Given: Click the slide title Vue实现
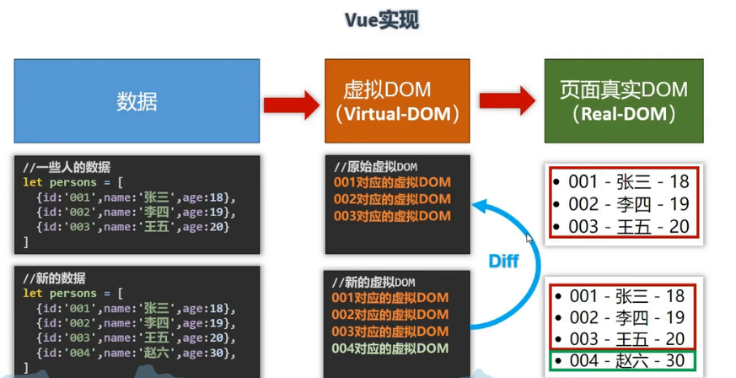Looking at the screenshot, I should click(381, 20).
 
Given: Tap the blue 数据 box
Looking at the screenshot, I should click(137, 101).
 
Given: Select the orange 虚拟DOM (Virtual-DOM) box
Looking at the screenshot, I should click(397, 101).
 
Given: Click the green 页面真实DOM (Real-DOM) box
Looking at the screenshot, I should click(623, 101).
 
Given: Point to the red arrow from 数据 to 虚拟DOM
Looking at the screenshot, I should click(290, 105).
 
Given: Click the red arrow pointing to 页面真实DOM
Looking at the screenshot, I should click(507, 101).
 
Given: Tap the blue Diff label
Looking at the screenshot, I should click(504, 262).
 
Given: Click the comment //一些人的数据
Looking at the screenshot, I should click(67, 167).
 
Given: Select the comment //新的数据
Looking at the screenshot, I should click(55, 278).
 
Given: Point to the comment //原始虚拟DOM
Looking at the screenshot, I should click(375, 166).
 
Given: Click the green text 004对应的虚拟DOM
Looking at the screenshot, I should click(390, 348).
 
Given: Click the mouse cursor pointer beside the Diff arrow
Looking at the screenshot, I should click(529, 238).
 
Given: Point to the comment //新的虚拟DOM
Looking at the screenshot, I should click(373, 282).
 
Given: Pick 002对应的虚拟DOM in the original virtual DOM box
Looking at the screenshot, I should click(392, 199).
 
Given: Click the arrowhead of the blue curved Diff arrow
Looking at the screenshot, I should click(477, 205).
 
